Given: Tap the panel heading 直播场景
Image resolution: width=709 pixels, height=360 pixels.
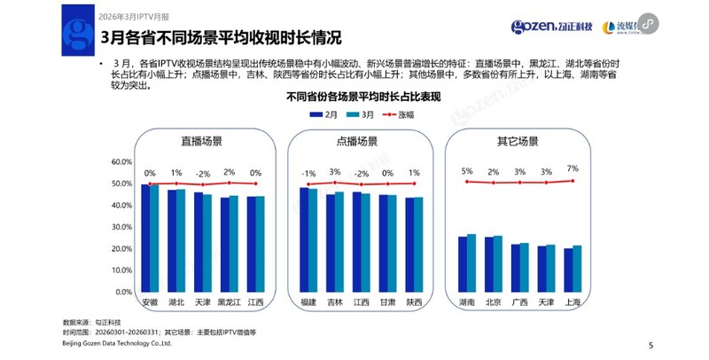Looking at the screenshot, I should click(203, 141).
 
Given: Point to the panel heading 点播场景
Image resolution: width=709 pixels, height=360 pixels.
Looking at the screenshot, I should click(357, 141).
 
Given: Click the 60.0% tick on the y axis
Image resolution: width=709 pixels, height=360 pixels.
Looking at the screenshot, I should click(119, 162).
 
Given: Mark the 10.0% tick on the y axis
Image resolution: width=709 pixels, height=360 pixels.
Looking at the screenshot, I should click(119, 270).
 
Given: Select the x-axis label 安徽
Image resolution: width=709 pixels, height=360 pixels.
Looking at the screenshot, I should click(150, 301).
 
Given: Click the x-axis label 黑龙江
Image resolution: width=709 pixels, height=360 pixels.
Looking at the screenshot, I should click(230, 301).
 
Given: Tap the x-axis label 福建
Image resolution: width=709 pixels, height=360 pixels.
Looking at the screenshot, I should click(308, 301).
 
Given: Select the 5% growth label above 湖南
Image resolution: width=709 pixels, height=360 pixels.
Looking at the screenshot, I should click(467, 171).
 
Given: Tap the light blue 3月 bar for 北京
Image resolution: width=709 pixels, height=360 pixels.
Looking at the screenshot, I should click(497, 263).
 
